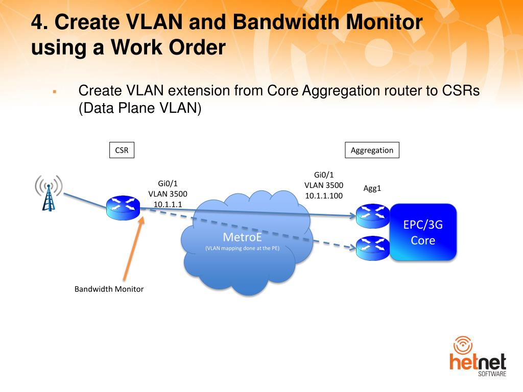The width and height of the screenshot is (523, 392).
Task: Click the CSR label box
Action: pos(122,150)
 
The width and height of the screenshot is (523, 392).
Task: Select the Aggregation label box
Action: pos(372,150)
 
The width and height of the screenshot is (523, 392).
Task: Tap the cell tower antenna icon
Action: pos(49,193)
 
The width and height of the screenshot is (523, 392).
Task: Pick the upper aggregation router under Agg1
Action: pos(373,216)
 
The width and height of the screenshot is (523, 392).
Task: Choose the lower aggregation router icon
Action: pos(373,248)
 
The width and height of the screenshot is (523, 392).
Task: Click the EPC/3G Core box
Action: pos(423,232)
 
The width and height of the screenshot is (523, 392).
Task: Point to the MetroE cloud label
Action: pos(242,237)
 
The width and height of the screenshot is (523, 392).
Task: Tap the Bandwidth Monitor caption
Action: pos(109,289)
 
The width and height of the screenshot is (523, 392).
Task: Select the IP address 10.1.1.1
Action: pos(168,204)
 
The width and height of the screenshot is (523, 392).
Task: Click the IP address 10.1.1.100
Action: pos(324,195)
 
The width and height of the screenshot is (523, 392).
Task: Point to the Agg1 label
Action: pos(372,188)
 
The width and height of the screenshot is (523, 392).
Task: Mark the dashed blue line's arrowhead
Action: pos(352,248)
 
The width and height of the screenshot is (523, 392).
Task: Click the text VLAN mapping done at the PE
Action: pos(242,248)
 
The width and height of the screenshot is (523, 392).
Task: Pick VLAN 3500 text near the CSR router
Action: pos(168,194)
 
